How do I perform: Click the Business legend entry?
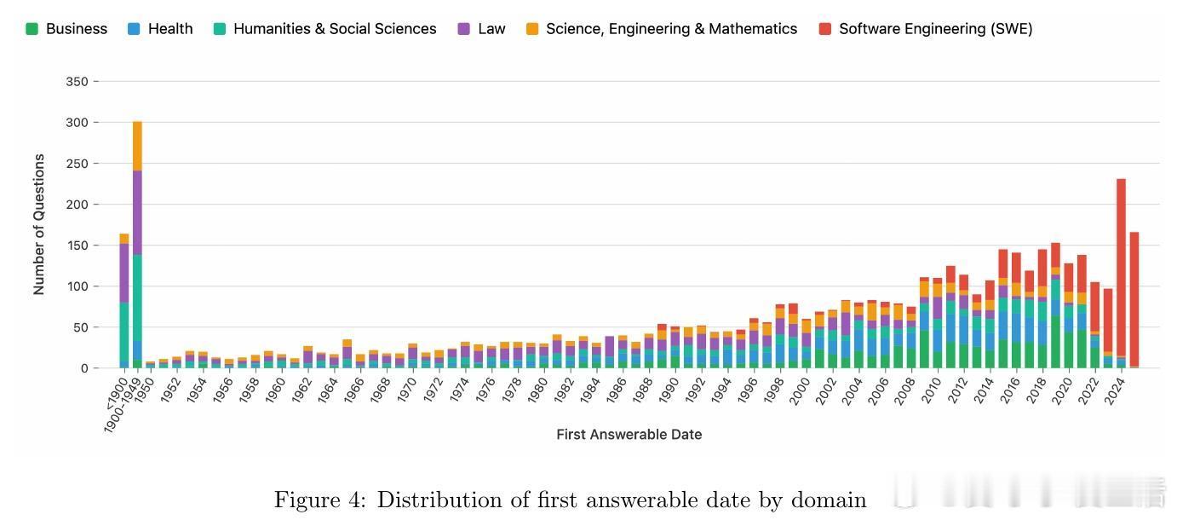pyautogui.click(x=67, y=29)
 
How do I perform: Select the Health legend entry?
pyautogui.click(x=161, y=29)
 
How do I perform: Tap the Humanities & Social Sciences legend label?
pyautogui.click(x=324, y=29)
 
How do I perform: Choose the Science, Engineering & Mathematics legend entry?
pyautogui.click(x=662, y=29)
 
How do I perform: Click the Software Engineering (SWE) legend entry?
pyautogui.click(x=926, y=29)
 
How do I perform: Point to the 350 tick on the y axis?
pyautogui.click(x=77, y=82)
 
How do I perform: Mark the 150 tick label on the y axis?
pyautogui.click(x=77, y=246)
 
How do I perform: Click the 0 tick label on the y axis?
pyautogui.click(x=83, y=368)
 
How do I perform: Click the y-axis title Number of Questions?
pyautogui.click(x=39, y=224)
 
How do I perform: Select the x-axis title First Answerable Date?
pyautogui.click(x=629, y=435)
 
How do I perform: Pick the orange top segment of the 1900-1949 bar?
pyautogui.click(x=137, y=146)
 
